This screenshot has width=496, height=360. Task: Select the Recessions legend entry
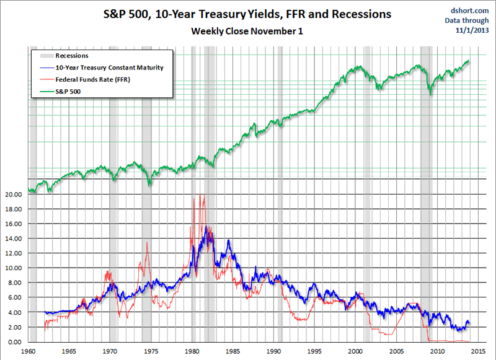coord(72,56)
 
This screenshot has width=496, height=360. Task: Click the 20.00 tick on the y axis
coord(13,194)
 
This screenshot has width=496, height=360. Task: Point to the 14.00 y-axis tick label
coord(13,239)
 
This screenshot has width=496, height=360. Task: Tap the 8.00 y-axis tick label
coord(14,283)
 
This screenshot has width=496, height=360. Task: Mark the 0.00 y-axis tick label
coord(14,342)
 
